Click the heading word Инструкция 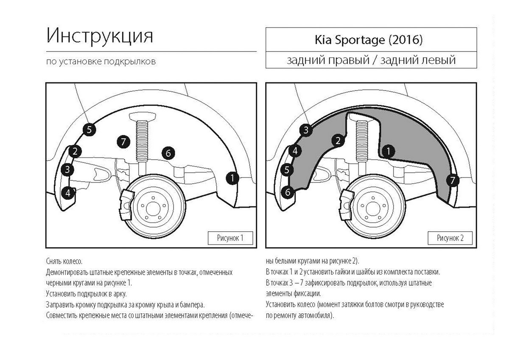click(99, 36)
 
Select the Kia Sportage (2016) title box click(368, 40)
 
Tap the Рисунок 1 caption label click(230, 238)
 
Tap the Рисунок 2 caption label click(450, 238)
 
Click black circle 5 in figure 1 click(89, 129)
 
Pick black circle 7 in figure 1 click(123, 141)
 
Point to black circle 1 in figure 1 click(232, 178)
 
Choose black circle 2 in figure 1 click(75, 151)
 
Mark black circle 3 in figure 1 click(67, 170)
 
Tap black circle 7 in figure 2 click(453, 180)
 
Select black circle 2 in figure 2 click(338, 141)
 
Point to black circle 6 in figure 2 click(288, 192)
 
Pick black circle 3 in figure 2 click(306, 130)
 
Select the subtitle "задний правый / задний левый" click(371, 60)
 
